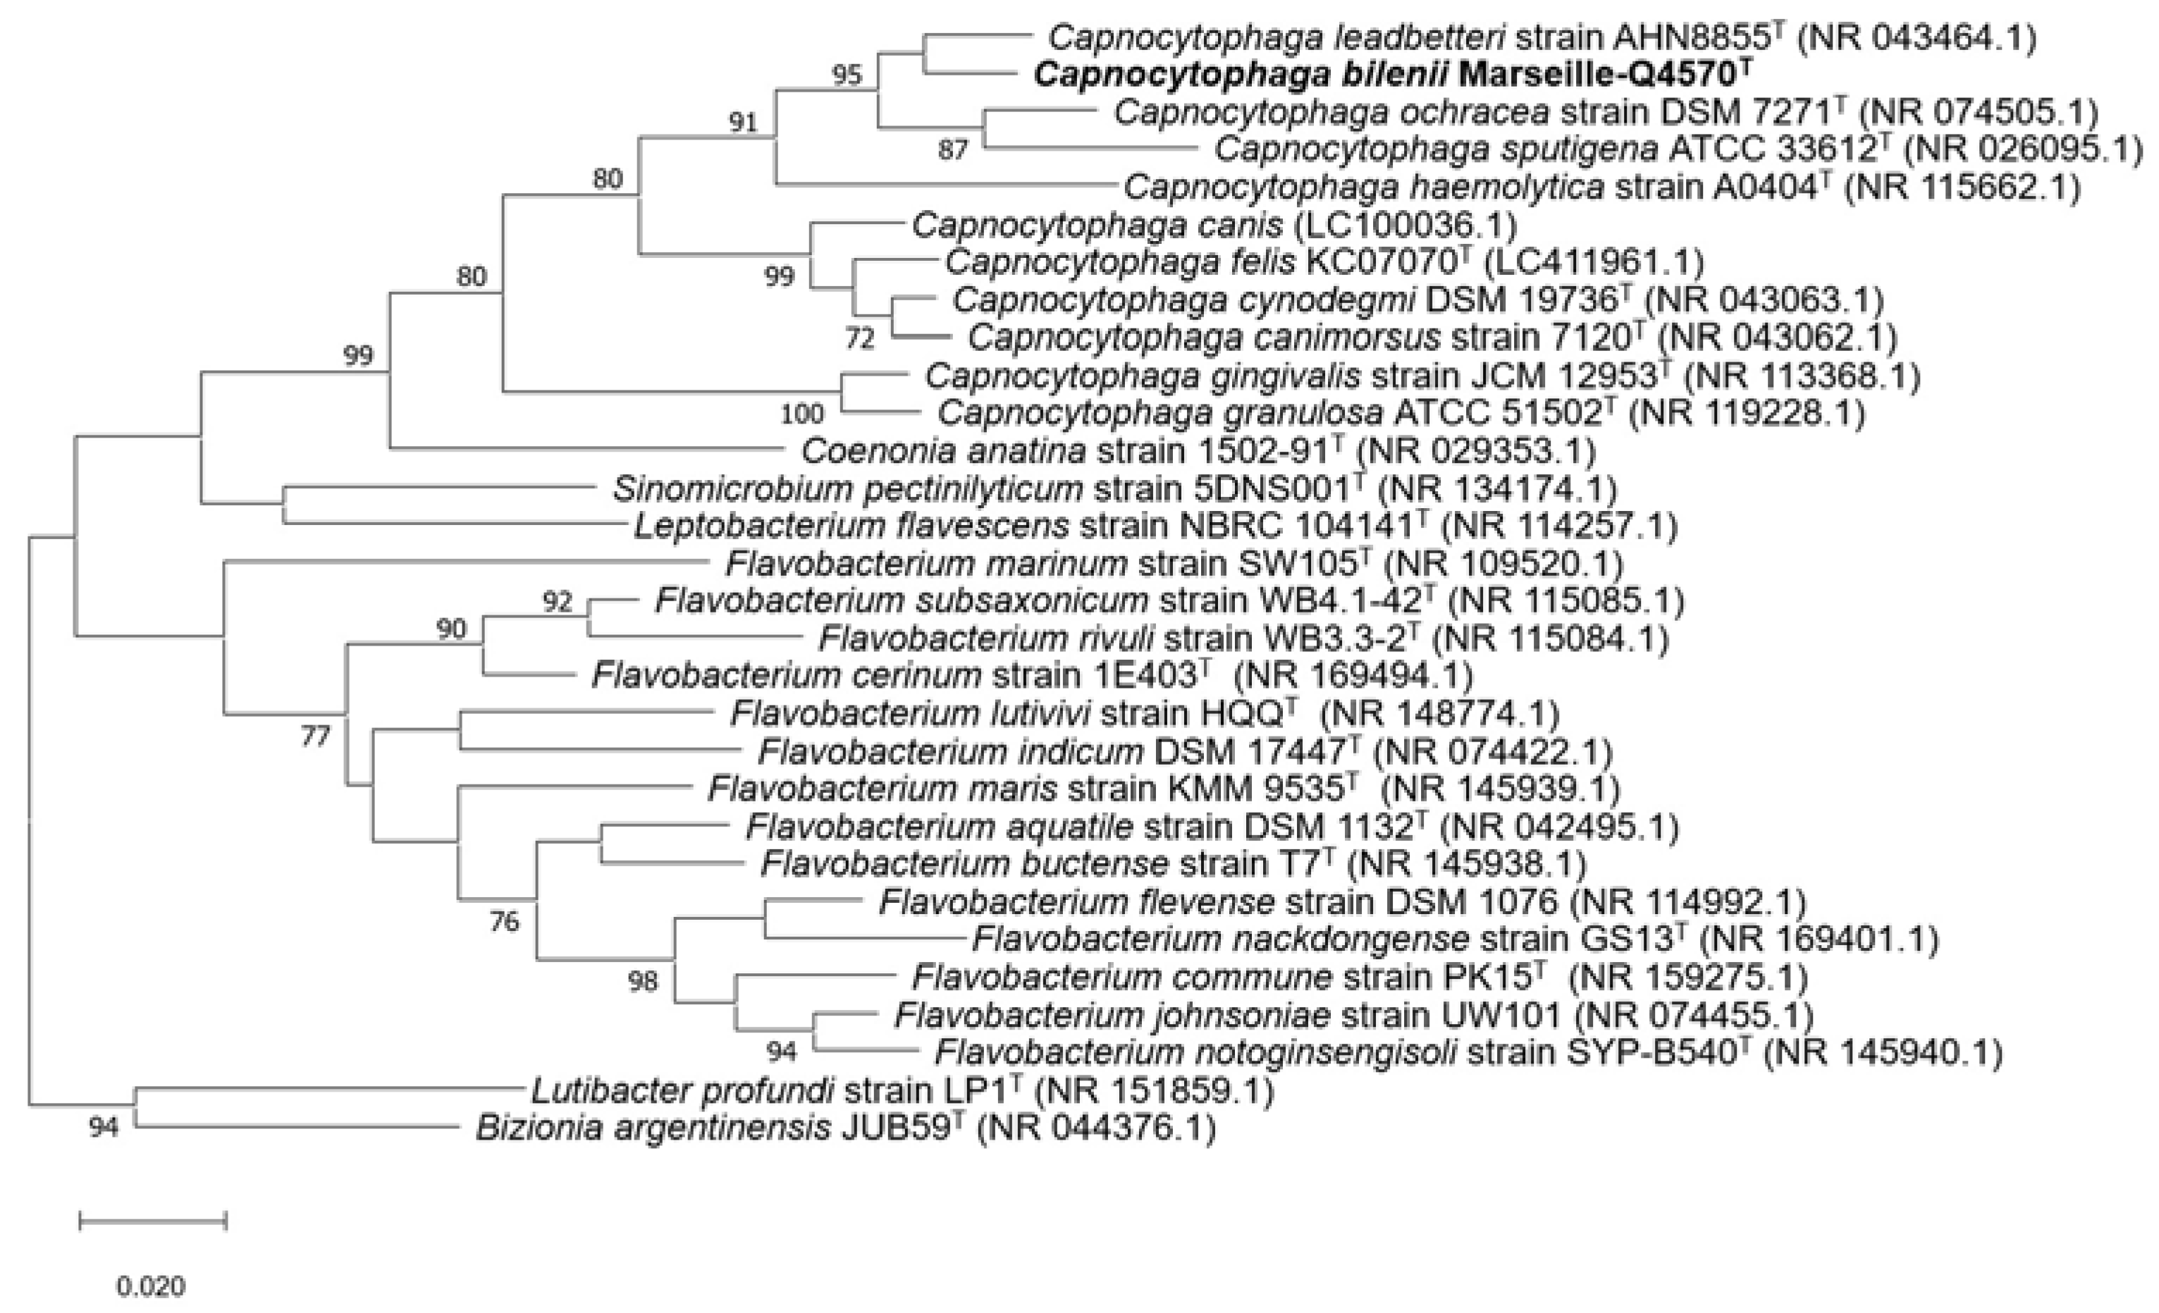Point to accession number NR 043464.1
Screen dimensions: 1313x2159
pyautogui.click(x=1917, y=37)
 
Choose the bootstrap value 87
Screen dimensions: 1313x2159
pyautogui.click(x=952, y=150)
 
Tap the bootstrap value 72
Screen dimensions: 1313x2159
pyautogui.click(x=859, y=338)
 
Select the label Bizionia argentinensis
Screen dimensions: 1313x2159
pyautogui.click(x=653, y=1128)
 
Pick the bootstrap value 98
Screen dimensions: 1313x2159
pyautogui.click(x=642, y=981)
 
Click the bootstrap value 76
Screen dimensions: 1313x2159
pyautogui.click(x=504, y=921)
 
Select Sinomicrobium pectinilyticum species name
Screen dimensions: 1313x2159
pyautogui.click(x=847, y=488)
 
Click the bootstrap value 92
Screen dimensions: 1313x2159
pyautogui.click(x=558, y=601)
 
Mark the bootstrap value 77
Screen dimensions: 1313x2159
pyautogui.click(x=316, y=736)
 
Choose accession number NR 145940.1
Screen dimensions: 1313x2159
pyautogui.click(x=1884, y=1053)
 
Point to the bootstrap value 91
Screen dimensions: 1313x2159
pyautogui.click(x=743, y=122)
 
